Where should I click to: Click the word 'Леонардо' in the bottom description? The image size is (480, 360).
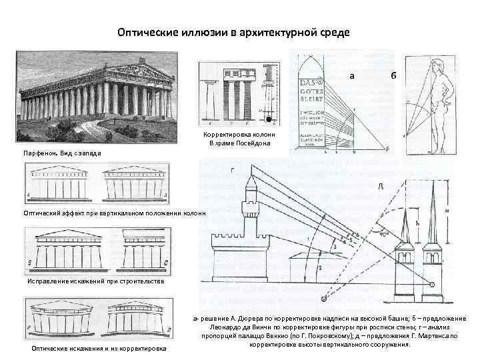coord(229,327)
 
